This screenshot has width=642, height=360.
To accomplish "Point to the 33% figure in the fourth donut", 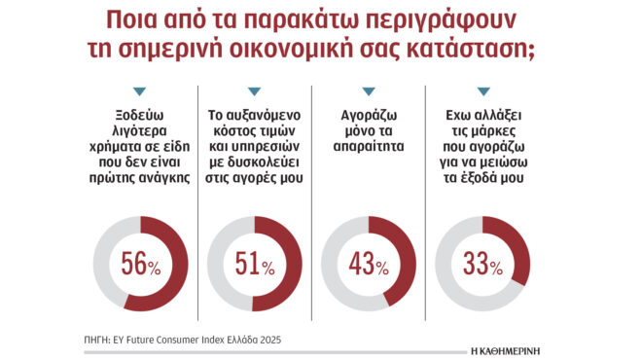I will (481, 264).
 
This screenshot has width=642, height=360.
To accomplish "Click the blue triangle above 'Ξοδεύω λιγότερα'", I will (139, 91).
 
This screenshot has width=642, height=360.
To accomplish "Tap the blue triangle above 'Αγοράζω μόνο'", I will (367, 91).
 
